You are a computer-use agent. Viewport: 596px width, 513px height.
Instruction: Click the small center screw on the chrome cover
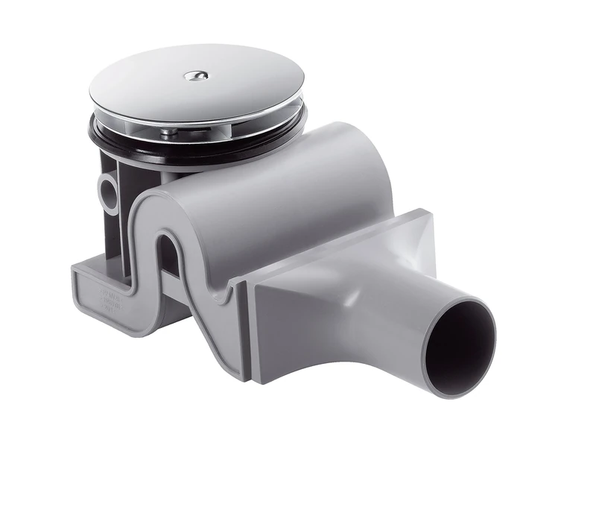pyautogui.click(x=196, y=75)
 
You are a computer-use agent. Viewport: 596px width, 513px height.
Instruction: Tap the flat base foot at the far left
pyautogui.click(x=89, y=287)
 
